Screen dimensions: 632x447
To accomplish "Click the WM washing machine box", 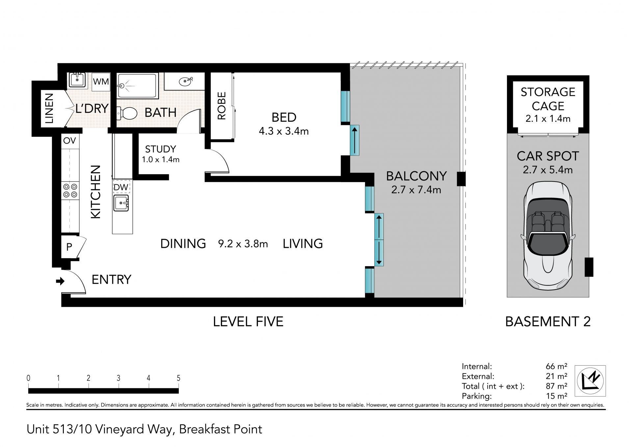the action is click(101, 81).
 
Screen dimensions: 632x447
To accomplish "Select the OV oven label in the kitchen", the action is click(69, 141).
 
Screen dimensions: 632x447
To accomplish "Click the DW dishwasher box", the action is click(121, 187).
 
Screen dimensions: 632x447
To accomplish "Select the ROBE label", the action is click(222, 105).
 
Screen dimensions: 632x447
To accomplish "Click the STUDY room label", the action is click(160, 149).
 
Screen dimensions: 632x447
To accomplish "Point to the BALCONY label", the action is click(416, 176).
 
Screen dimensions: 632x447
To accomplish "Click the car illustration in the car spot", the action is click(548, 237).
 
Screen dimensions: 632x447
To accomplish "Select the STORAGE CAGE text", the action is click(548, 99).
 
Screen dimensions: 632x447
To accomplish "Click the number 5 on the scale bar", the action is click(178, 378).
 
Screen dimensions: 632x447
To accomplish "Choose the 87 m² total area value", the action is click(556, 386).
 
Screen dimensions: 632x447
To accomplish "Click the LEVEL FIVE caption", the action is click(248, 321).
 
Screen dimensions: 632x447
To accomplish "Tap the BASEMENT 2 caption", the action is click(548, 321).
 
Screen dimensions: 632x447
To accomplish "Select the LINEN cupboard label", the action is click(49, 108).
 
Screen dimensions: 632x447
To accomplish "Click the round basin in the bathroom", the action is click(185, 81).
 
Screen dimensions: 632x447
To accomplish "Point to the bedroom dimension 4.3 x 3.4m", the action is click(284, 131).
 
